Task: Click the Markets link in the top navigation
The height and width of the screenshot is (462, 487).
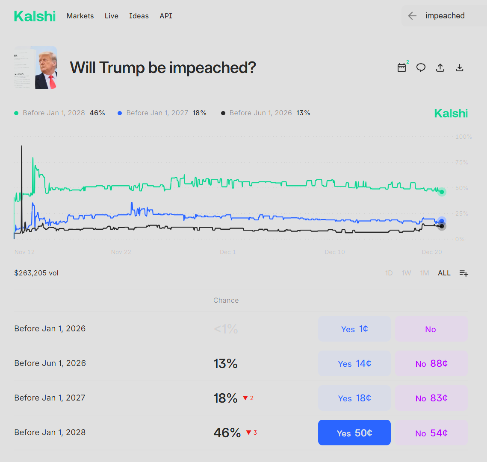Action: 80,16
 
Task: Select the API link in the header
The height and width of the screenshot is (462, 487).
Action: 166,16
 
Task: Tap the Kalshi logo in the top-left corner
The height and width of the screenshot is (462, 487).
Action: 35,16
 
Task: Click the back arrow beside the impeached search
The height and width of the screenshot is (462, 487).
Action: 412,16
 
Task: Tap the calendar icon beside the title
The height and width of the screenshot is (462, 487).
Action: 401,67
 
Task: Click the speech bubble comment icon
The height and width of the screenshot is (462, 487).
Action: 421,67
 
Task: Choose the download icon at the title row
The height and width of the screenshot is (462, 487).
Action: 460,67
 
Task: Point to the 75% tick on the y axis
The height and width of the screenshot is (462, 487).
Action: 461,163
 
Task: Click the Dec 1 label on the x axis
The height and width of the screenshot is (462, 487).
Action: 228,252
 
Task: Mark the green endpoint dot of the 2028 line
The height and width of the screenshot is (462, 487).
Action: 442,192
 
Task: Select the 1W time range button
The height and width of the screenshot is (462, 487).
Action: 406,273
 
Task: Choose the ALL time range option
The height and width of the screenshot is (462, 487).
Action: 444,273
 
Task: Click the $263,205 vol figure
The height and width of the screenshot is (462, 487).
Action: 36,273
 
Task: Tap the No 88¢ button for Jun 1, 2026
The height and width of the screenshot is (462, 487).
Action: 431,363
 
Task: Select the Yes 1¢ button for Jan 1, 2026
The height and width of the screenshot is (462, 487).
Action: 354,329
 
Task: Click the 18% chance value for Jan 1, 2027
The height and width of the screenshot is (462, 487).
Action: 225,398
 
